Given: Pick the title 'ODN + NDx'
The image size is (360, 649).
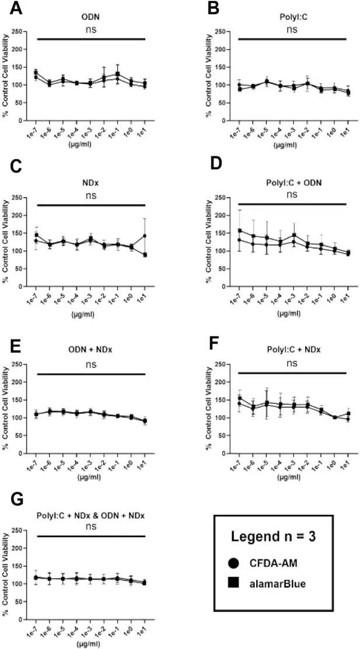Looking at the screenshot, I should point(90,350).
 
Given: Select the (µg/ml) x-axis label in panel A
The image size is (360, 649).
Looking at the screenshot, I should point(90,146).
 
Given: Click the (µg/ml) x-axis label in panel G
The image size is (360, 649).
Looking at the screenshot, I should point(90,645).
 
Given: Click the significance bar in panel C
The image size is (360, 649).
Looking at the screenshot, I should point(90,205).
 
